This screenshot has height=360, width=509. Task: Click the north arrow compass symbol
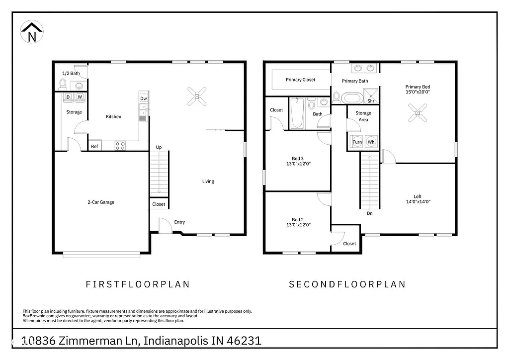click(x=32, y=32)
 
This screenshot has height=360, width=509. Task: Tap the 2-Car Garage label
click(x=101, y=202)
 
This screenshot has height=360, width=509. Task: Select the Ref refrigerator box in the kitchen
click(x=94, y=146)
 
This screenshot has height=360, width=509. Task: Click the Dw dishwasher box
click(x=144, y=99)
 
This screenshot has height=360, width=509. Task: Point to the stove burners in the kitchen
click(x=120, y=146)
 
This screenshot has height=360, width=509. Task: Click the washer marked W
click(x=80, y=97)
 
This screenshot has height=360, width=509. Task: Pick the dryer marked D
click(x=68, y=97)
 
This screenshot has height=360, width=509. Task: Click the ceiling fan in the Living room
click(x=196, y=96)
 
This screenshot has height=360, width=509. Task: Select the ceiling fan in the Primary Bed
click(x=418, y=113)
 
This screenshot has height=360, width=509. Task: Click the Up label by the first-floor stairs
click(x=159, y=147)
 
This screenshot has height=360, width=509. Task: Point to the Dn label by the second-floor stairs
click(x=369, y=213)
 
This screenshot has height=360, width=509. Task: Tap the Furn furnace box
click(x=357, y=142)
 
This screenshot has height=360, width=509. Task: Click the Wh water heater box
click(x=371, y=142)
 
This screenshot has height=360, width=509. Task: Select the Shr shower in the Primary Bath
click(x=371, y=96)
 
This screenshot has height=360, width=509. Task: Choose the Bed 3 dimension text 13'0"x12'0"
click(x=298, y=164)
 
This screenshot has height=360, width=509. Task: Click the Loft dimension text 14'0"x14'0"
click(x=418, y=201)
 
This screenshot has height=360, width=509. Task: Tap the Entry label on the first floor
click(x=179, y=222)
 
